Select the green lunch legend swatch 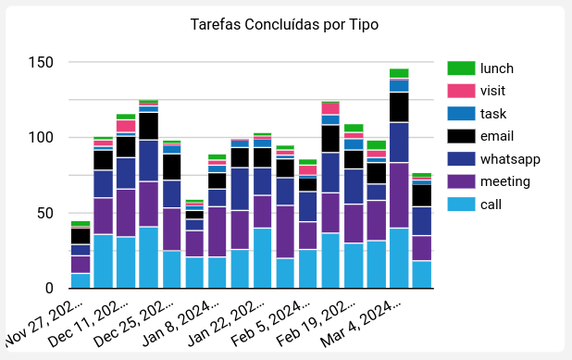point(460,68)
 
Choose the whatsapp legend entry point(510,159)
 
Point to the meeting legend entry point(505,181)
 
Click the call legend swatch point(460,205)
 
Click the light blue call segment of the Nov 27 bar point(81,280)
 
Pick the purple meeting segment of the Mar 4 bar point(399,195)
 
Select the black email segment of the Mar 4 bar point(399,107)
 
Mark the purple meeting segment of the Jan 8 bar point(217,231)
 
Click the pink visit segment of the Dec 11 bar point(126,126)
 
